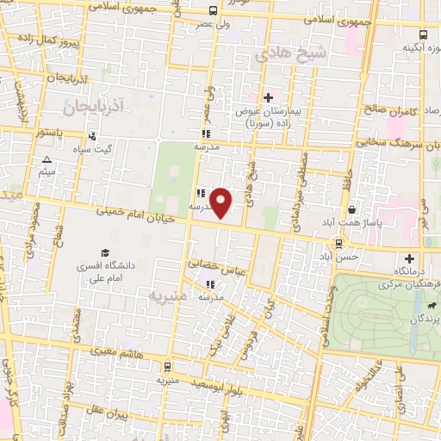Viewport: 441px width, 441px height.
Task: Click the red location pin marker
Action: tap(222, 202)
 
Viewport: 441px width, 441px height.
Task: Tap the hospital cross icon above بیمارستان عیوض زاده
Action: tap(268, 97)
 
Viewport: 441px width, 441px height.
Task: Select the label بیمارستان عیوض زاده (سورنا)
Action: tap(268, 118)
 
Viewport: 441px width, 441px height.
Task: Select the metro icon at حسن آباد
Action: tap(345, 243)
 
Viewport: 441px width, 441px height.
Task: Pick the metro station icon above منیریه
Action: tap(166, 364)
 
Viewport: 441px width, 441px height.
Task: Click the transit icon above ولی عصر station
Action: tap(213, 11)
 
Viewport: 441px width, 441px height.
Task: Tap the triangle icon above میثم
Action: tap(47, 160)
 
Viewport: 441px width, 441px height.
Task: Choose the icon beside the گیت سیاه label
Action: tap(92, 135)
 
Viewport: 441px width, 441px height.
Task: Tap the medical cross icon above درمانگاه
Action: tap(409, 258)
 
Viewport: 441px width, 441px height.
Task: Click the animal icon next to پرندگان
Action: tap(428, 305)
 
